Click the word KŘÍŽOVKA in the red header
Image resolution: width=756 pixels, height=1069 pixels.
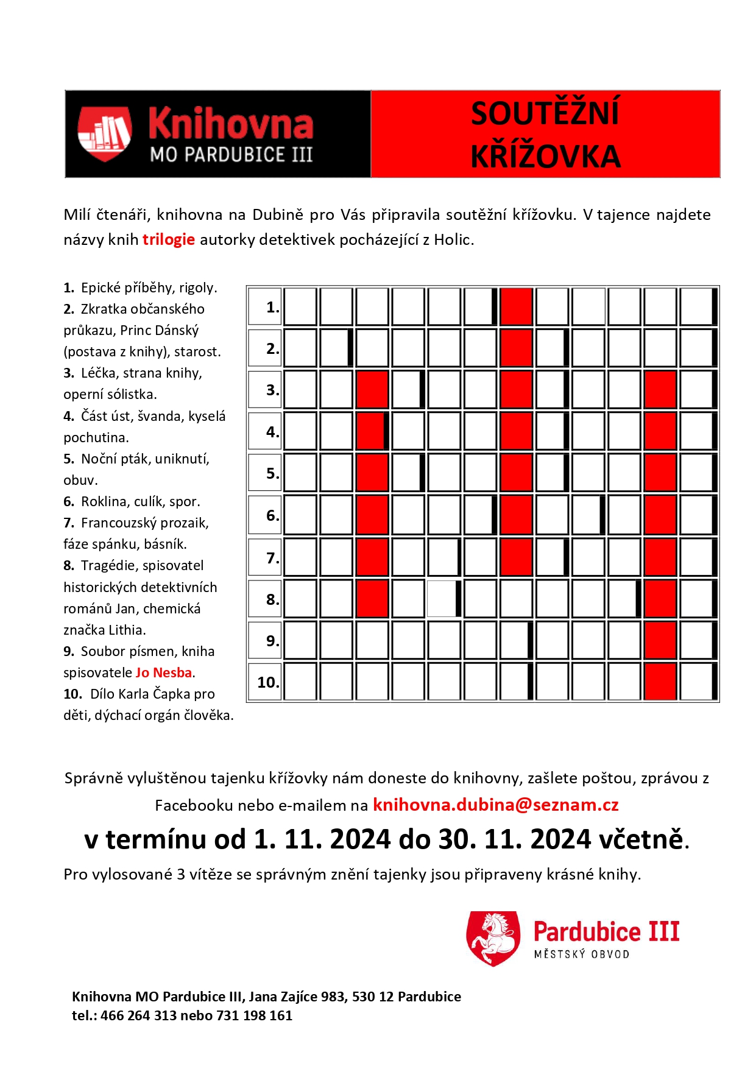(x=545, y=157)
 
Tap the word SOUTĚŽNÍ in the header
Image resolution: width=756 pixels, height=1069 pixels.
(x=545, y=113)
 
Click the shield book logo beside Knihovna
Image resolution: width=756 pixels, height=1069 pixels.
(x=105, y=133)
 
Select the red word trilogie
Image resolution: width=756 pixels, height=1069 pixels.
(x=169, y=240)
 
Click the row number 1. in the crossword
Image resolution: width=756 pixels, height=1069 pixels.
(x=272, y=308)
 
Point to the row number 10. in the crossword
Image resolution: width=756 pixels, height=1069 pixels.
(x=267, y=682)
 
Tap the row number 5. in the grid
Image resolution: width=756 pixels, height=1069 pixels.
(x=272, y=474)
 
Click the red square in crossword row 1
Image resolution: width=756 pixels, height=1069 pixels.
(x=516, y=307)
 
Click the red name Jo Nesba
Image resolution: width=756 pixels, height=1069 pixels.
(x=164, y=672)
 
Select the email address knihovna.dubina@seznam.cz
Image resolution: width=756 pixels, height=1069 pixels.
(x=495, y=805)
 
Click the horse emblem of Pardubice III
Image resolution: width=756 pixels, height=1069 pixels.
(x=493, y=938)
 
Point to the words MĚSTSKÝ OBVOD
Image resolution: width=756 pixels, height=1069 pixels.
(x=581, y=954)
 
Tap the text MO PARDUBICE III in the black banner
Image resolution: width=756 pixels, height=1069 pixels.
(x=231, y=155)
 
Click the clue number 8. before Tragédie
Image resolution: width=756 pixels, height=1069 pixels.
(x=69, y=566)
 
